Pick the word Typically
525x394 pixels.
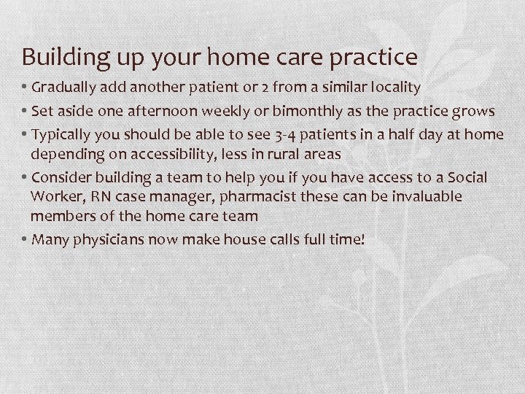pos(61,134)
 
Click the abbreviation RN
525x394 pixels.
pos(97,196)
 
